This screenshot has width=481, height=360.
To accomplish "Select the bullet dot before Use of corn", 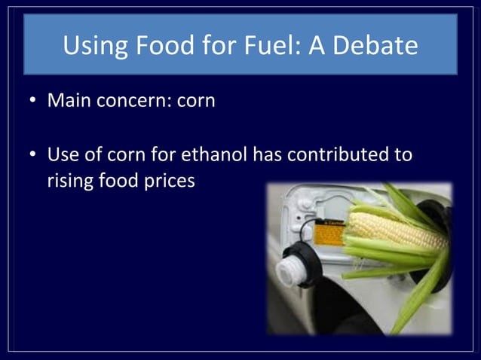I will (33, 157).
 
